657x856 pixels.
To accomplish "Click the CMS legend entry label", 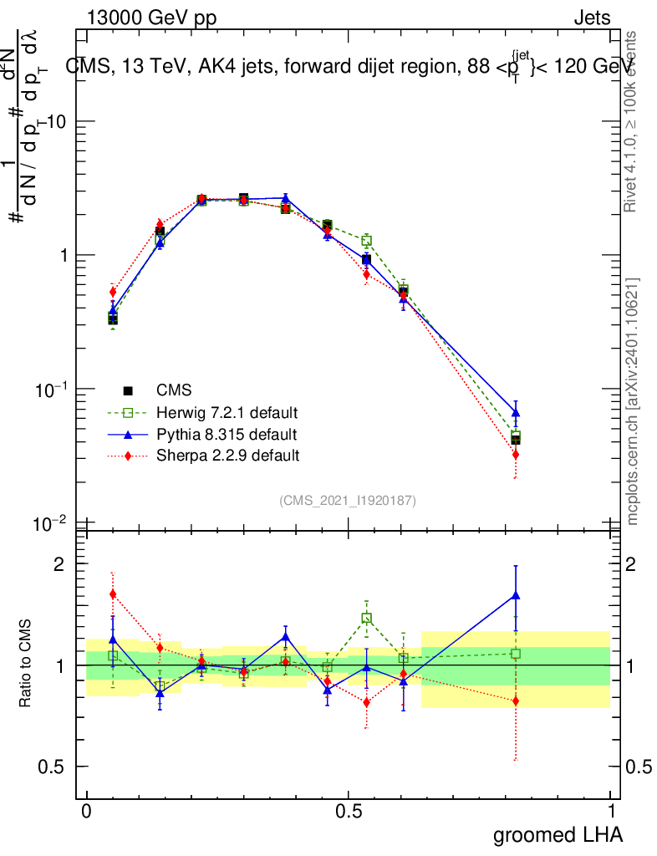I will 174,390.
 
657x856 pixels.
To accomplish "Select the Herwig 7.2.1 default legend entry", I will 227,413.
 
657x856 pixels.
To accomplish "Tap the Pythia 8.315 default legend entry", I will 226,435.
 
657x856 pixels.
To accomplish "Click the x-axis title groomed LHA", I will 558,834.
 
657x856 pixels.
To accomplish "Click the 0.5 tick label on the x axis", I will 349,811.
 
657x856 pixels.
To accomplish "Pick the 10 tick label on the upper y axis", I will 56,121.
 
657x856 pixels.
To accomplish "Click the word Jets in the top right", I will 592,18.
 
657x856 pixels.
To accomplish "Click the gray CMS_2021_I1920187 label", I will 348,500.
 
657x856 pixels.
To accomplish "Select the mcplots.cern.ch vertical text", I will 633,401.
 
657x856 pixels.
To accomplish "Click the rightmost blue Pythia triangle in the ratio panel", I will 516,595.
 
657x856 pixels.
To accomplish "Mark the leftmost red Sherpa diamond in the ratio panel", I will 113,594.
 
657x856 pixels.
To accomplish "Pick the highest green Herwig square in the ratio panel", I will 366,619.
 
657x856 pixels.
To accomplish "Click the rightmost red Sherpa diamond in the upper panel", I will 516,454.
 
